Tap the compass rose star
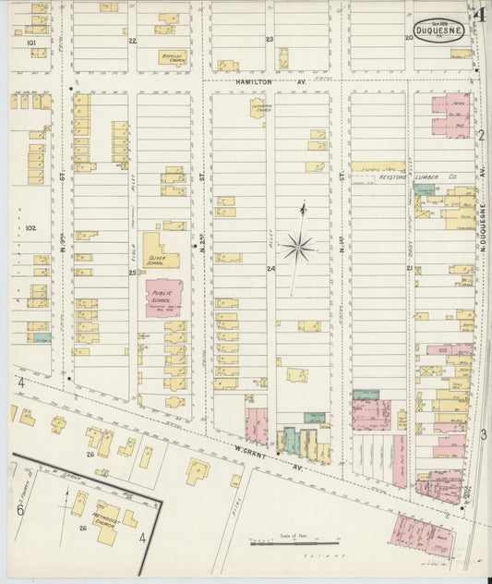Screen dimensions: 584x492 (x=298, y=246)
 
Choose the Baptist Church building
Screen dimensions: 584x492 (x=171, y=57)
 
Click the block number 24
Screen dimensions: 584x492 (x=270, y=269)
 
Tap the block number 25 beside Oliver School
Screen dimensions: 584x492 (x=132, y=273)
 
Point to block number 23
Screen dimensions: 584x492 (x=270, y=40)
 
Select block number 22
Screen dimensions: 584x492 (x=132, y=41)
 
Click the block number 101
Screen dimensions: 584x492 (x=30, y=43)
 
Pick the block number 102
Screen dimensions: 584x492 (x=30, y=226)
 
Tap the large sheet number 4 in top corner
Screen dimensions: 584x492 (x=479, y=14)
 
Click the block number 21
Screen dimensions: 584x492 (x=408, y=269)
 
